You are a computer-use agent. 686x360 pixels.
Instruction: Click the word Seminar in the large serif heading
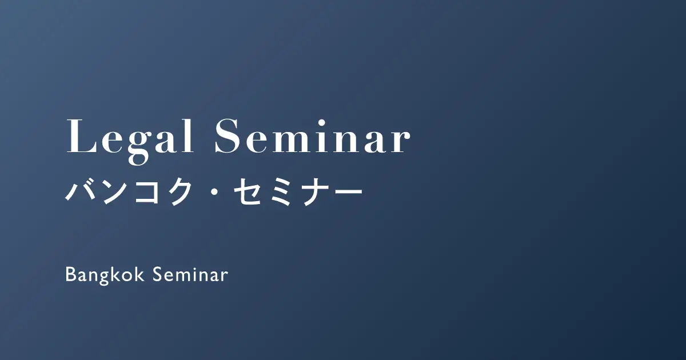[x=312, y=136]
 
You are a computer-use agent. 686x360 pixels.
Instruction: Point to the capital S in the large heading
[x=228, y=136]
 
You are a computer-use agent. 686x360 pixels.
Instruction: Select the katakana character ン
[x=115, y=191]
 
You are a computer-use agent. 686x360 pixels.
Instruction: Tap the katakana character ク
[x=178, y=191]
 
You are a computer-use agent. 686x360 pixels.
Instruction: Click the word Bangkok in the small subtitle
[x=105, y=275]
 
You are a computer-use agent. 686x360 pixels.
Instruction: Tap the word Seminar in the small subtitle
[x=190, y=274]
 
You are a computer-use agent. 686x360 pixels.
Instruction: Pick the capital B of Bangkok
[x=71, y=274]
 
